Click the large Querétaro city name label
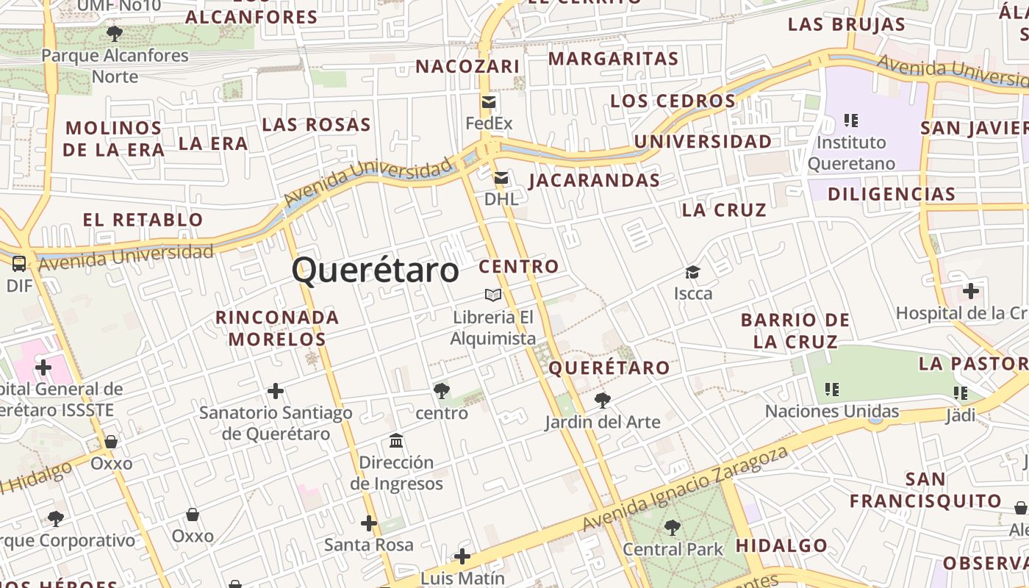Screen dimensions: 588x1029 pos(376,270)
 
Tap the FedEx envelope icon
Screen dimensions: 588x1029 pos(489,102)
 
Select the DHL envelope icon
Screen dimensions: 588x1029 pos(501,178)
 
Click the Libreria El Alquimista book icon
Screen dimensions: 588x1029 pos(493,295)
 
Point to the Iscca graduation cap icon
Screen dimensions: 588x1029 pos(692,273)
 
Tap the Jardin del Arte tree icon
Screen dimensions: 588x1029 pos(603,401)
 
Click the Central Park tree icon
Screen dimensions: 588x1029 pos(672,527)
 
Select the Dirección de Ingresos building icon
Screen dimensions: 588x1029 pos(397,441)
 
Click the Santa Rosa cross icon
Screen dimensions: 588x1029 pos(369,524)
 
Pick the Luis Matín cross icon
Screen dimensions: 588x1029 pos(462,556)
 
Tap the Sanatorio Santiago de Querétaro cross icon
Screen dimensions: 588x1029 pos(276,391)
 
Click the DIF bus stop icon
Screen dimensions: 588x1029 pos(19,264)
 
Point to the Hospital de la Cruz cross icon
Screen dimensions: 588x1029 pos(971,291)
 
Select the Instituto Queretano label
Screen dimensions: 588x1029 pos(851,153)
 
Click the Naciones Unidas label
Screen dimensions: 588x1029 pos(832,411)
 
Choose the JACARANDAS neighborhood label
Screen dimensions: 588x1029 pos(594,180)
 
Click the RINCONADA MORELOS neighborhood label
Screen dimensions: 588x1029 pos(277,328)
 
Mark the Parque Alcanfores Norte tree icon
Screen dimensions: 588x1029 pos(115,33)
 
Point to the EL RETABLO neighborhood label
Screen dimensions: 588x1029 pos(143,219)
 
